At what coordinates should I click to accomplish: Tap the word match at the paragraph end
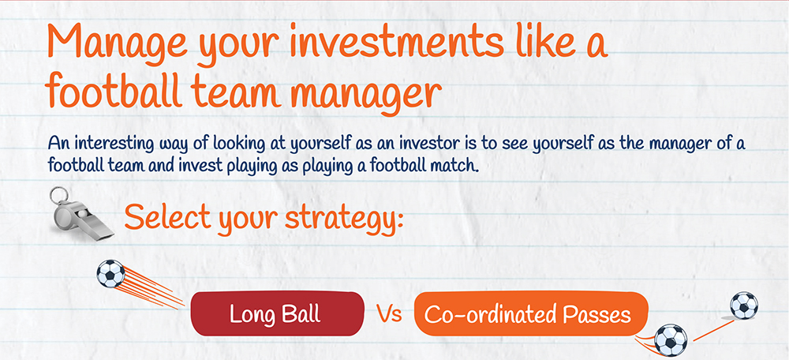click(454, 167)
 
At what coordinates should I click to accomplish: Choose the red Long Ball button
click(275, 313)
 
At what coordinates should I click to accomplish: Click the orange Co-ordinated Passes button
click(529, 314)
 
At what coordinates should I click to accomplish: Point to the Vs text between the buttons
click(389, 314)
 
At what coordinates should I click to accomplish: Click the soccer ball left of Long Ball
click(110, 274)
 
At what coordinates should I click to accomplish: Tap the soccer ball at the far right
click(743, 305)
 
